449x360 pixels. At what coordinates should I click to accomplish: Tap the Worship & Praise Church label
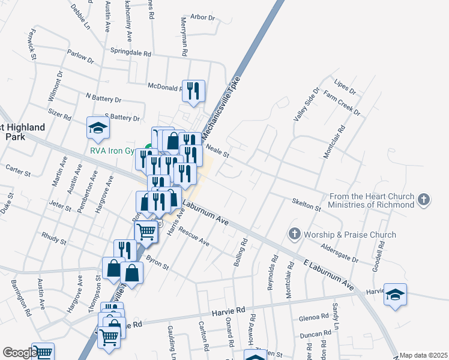[x=351, y=235]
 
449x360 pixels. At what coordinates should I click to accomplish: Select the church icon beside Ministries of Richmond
[x=424, y=200]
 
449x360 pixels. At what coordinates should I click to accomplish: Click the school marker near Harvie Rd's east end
[x=395, y=295]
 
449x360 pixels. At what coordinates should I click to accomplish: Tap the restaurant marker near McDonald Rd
[x=193, y=91]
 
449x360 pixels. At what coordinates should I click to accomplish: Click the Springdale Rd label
[x=130, y=53]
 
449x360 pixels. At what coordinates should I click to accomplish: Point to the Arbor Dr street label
[x=202, y=17]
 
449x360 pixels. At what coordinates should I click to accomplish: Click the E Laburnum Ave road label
[x=328, y=277]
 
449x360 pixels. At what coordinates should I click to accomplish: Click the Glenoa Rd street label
[x=313, y=317]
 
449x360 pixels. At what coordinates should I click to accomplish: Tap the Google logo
[x=20, y=353]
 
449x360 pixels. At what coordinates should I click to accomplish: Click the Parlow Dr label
[x=81, y=57]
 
